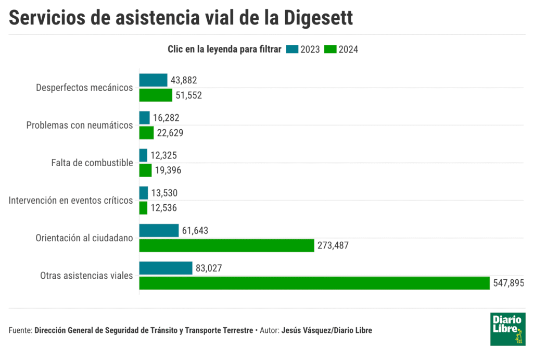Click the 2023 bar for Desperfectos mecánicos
[153, 80]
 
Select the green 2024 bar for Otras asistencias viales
[314, 283]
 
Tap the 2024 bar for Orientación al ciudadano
[226, 245]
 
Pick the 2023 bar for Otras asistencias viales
[166, 268]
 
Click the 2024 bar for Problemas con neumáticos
[146, 133]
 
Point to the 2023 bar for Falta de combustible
[143, 155]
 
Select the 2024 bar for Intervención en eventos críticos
[143, 208]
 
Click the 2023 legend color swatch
[292, 49]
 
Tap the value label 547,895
[508, 283]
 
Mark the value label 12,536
[164, 208]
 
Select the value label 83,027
[209, 268]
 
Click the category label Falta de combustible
[92, 163]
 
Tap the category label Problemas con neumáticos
[80, 125]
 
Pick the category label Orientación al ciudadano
[84, 238]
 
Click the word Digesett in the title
[319, 18]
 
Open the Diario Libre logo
[507, 329]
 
